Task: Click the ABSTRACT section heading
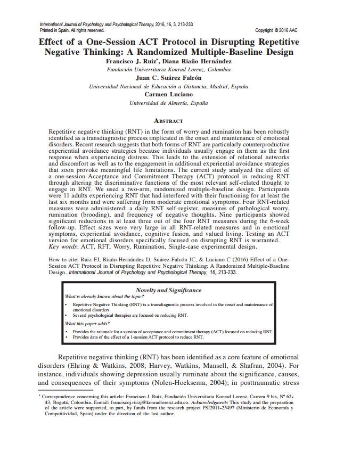click(168, 121)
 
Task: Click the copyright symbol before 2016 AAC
click(277, 31)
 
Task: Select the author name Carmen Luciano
click(169, 94)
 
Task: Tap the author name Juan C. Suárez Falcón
click(169, 78)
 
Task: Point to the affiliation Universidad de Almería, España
click(169, 102)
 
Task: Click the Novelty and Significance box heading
click(169, 290)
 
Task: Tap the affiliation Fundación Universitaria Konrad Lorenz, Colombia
click(169, 70)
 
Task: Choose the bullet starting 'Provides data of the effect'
click(138, 337)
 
